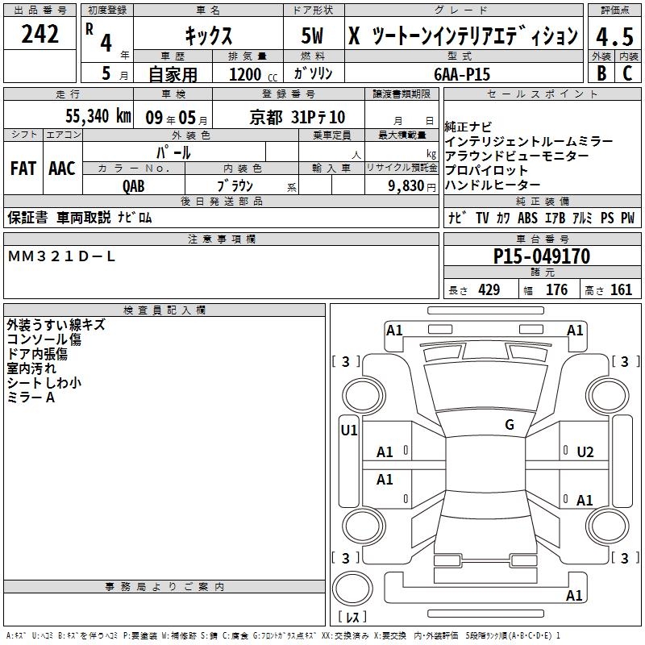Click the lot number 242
[x=40, y=34]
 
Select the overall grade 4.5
[x=614, y=37]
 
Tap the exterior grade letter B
[x=601, y=73]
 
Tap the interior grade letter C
[x=627, y=73]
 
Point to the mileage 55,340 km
[x=98, y=116]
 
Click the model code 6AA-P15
[x=462, y=74]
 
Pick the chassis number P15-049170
[x=541, y=256]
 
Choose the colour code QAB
[x=134, y=186]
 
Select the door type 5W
[x=312, y=35]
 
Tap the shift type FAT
[x=23, y=169]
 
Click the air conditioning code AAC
[x=62, y=169]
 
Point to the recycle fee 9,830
[x=406, y=186]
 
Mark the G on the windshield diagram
[x=510, y=425]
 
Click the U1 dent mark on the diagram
[x=349, y=431]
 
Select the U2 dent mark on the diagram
[x=585, y=452]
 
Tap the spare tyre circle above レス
[x=352, y=588]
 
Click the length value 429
[x=489, y=290]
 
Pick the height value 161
[x=621, y=290]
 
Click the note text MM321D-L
[x=61, y=256]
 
